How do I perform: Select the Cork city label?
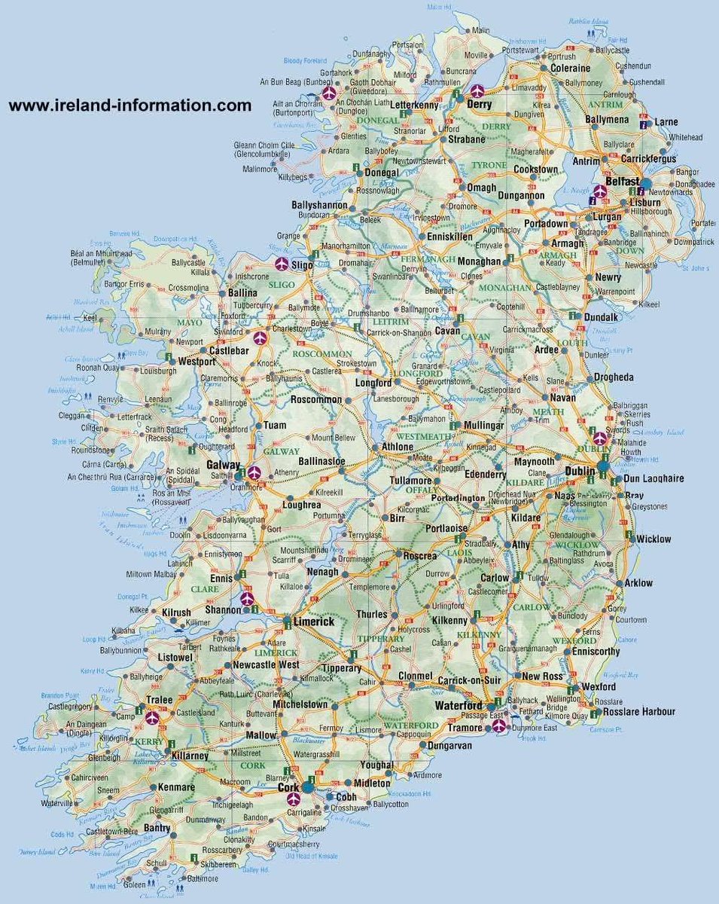coord(288,786)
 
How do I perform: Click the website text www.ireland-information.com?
coord(129,105)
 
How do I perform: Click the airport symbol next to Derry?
coord(477,91)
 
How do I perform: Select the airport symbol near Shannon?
coord(248,599)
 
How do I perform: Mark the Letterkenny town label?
coord(413,105)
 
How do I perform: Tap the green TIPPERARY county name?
coord(382,639)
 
